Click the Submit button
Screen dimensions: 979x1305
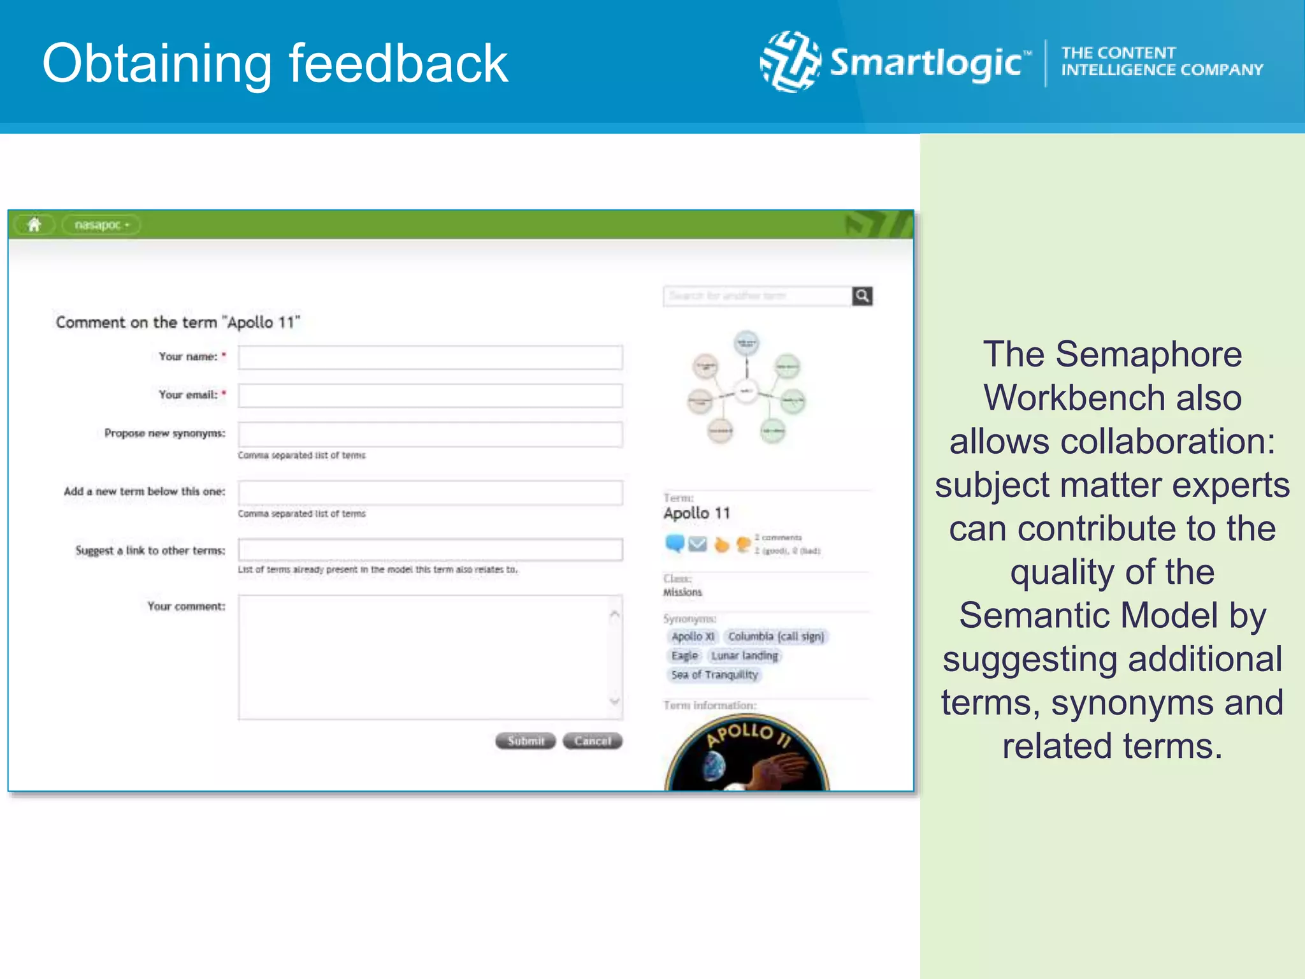[526, 741]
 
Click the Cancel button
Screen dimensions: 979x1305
[593, 741]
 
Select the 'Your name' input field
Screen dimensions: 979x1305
[430, 358]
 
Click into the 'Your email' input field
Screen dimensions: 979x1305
[430, 396]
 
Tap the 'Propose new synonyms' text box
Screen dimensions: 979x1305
[430, 434]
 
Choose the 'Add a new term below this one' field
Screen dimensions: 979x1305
[430, 493]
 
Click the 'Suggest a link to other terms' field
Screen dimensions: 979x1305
[430, 549]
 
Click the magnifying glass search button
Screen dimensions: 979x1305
[862, 296]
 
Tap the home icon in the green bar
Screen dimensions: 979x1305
[34, 224]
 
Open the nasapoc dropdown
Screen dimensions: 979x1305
[101, 225]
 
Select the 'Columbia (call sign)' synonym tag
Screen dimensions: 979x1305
[775, 636]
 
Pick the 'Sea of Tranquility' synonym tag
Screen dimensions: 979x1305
[714, 674]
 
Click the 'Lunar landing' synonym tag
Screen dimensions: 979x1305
[744, 655]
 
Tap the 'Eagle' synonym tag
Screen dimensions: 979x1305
[684, 655]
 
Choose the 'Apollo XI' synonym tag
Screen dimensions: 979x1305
[693, 636]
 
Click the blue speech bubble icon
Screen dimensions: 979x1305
[675, 544]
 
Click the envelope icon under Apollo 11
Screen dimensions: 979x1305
[698, 544]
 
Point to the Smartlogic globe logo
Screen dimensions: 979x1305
[791, 62]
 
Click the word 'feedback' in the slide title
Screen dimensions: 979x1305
[398, 63]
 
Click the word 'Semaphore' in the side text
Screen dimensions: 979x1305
[1148, 354]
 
